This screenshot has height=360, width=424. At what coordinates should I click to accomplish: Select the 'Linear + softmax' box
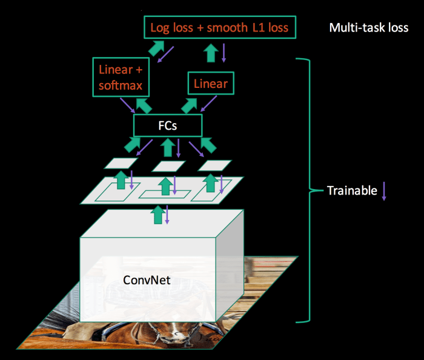(120, 77)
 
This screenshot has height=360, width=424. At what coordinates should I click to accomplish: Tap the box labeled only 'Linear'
(211, 84)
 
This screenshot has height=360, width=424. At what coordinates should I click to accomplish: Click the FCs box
(167, 125)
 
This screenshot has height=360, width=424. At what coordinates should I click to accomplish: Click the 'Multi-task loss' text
(368, 28)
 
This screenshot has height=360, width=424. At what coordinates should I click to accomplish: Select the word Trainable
(351, 190)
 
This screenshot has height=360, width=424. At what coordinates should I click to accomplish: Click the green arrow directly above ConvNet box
(158, 214)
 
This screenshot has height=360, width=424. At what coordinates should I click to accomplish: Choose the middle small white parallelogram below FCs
(168, 166)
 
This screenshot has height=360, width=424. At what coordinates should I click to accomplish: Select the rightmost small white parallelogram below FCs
(214, 165)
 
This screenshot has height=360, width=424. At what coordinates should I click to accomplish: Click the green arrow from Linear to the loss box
(211, 53)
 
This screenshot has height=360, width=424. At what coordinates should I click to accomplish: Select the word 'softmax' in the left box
(121, 85)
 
